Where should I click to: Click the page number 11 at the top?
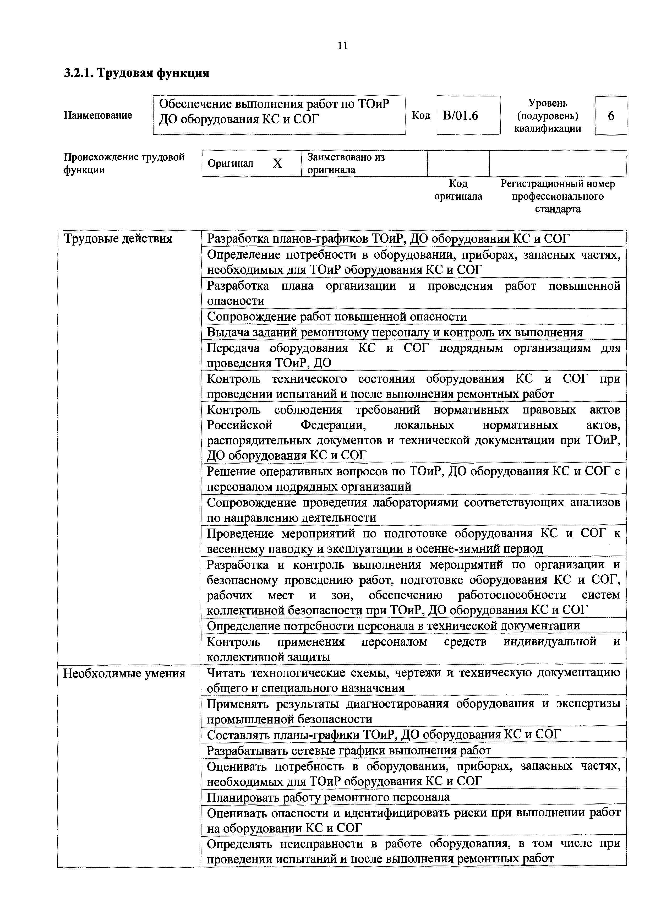343,46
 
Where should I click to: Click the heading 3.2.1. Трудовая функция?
136,73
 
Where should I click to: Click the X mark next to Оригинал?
277,163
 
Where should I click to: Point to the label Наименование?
98,115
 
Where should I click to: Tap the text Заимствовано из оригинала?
346,163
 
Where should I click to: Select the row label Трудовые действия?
118,239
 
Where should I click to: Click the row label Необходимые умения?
124,674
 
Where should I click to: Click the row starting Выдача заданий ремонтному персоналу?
394,332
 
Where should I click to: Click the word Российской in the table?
239,425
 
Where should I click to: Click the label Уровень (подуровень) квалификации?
548,116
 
